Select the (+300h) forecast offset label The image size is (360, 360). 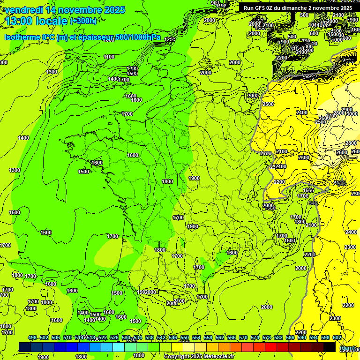coord(83,21)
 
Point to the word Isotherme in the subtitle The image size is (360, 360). coord(22,37)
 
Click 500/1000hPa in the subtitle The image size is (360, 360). coord(135,37)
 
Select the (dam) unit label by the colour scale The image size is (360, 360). coord(346,348)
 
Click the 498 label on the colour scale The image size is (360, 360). coord(32,338)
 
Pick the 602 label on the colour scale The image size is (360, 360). coord(337,338)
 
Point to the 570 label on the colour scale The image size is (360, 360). coord(243,338)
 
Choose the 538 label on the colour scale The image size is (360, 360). coord(150,338)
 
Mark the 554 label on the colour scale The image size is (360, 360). coord(196,338)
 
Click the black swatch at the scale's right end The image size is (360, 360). coord(330,347)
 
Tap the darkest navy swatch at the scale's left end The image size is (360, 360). coord(24,347)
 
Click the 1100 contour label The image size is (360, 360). coord(109,57)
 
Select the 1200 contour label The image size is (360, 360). coord(169,40)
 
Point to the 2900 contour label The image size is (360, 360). coord(347,110)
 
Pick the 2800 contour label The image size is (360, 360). coord(351,143)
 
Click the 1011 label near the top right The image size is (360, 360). coord(315,25)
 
